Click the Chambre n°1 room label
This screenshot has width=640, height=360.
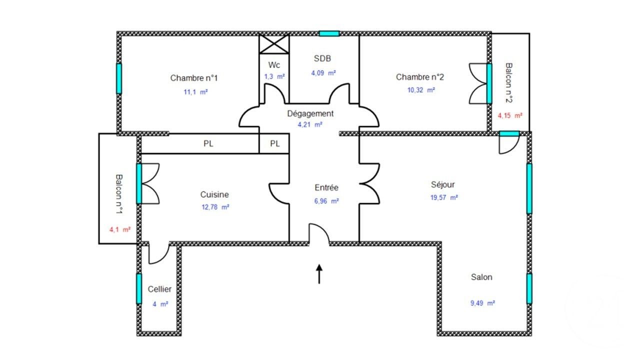[194, 78]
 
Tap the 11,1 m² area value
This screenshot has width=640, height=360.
[196, 92]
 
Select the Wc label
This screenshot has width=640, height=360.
[274, 65]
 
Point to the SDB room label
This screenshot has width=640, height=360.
[323, 58]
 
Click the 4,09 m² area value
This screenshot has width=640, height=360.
[323, 73]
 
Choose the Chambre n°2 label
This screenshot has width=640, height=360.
[420, 77]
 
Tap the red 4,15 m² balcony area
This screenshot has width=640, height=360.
[510, 115]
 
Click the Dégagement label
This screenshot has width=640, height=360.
[310, 113]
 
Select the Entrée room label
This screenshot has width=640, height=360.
[326, 188]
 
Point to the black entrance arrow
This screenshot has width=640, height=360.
[319, 274]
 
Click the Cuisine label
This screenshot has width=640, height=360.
[214, 194]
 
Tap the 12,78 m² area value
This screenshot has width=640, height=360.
[215, 207]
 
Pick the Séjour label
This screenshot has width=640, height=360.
[442, 184]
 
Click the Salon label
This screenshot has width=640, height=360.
[481, 277]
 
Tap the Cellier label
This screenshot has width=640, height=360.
[159, 289]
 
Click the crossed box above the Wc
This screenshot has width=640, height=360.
[274, 43]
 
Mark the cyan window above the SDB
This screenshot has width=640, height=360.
[329, 33]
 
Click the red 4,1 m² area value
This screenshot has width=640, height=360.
[120, 230]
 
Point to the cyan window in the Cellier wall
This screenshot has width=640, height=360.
[139, 288]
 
